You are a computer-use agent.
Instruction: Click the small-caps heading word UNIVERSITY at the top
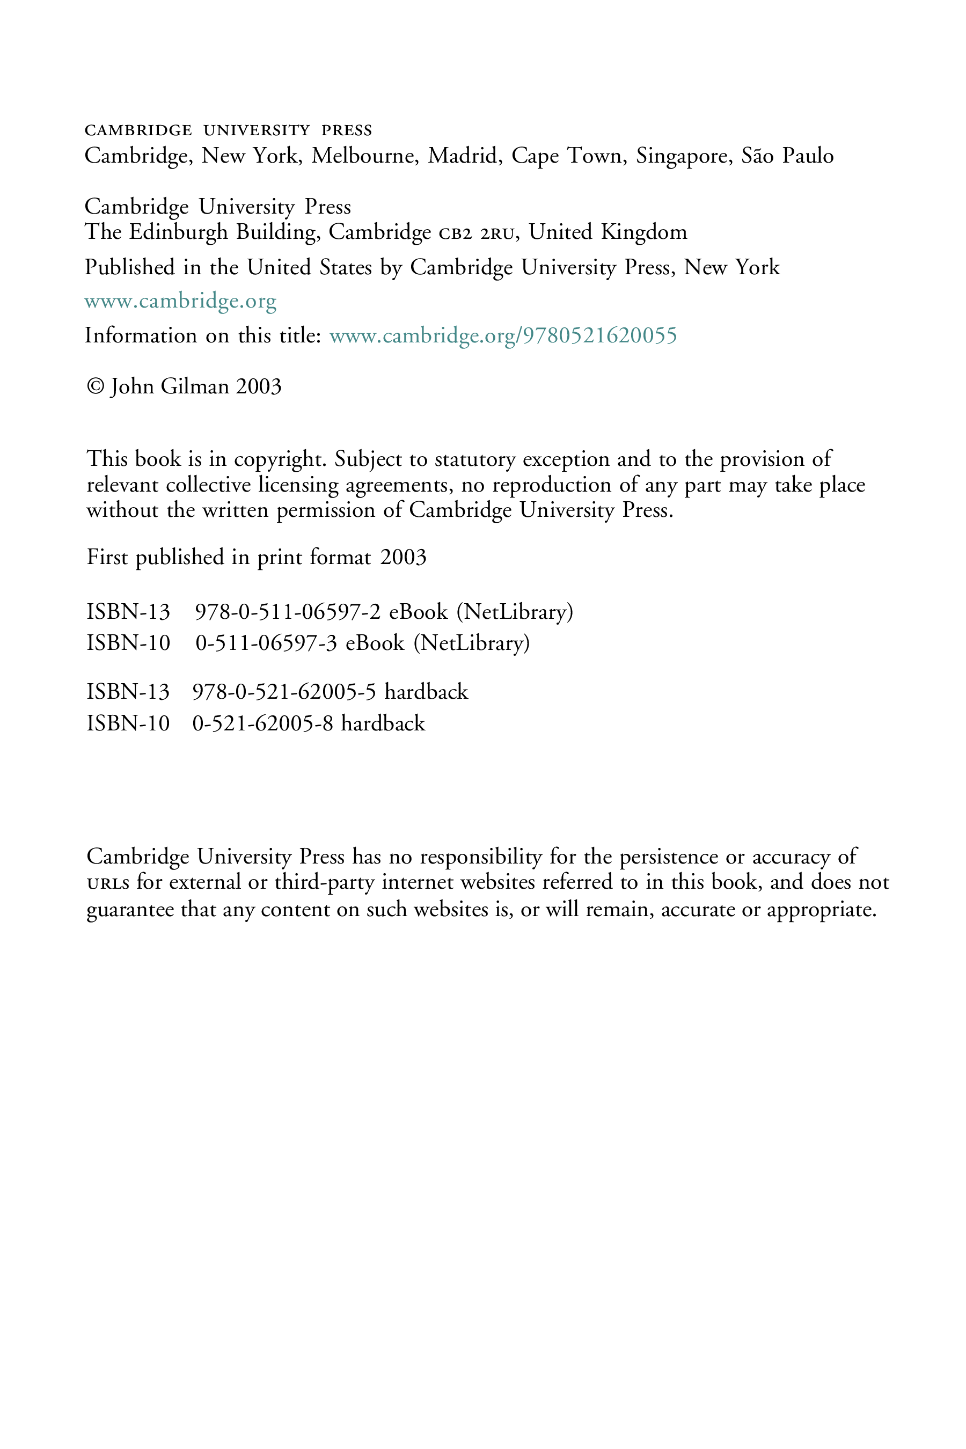pos(257,130)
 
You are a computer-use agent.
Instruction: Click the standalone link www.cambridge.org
pos(180,302)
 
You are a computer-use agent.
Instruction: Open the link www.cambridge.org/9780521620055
pos(503,336)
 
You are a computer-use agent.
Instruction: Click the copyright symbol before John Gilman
pos(96,386)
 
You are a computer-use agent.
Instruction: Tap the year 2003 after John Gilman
pos(259,386)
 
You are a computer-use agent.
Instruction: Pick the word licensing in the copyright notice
pos(298,486)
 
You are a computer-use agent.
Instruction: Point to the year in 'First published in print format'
pos(404,557)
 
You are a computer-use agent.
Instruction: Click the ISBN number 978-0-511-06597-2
pos(288,612)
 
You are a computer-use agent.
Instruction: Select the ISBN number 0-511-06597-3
pos(266,643)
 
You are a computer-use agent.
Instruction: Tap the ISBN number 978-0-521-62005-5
pos(284,692)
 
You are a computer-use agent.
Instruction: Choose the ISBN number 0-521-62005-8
pos(263,723)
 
